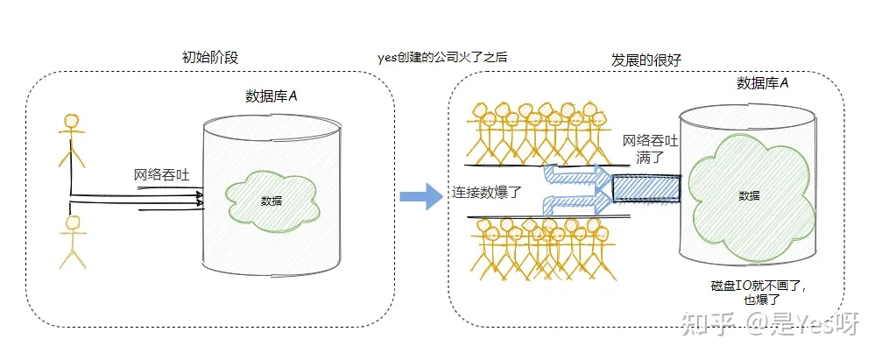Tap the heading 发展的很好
pos(646,59)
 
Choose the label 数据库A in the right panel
pos(762,83)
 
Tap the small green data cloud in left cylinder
pos(271,201)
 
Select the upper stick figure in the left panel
pos(71,139)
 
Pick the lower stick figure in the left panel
pos(71,240)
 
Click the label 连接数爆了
pos(487,192)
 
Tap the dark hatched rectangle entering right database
pos(646,187)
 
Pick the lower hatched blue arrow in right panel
pos(574,205)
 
